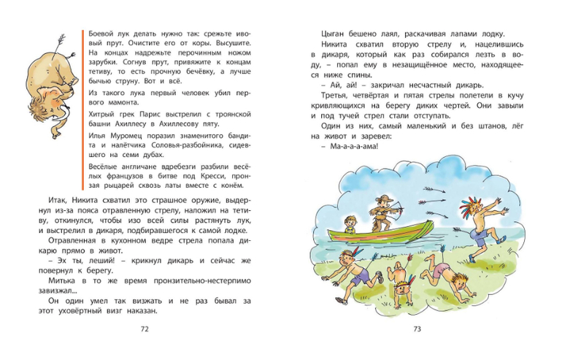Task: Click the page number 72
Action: point(144,329)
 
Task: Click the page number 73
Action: point(417,329)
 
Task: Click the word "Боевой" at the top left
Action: point(100,34)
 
